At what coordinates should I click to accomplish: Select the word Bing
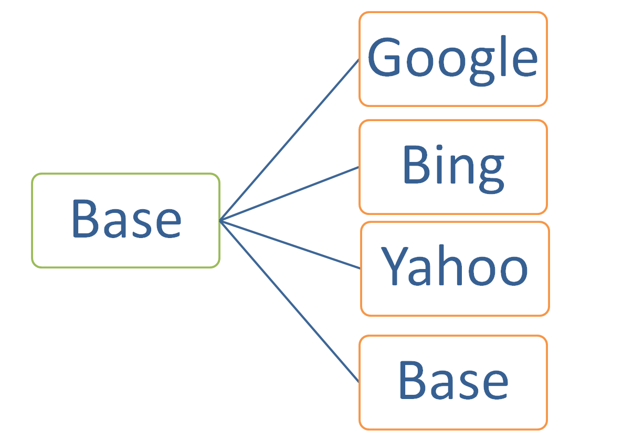452,166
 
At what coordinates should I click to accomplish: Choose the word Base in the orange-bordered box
453,381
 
